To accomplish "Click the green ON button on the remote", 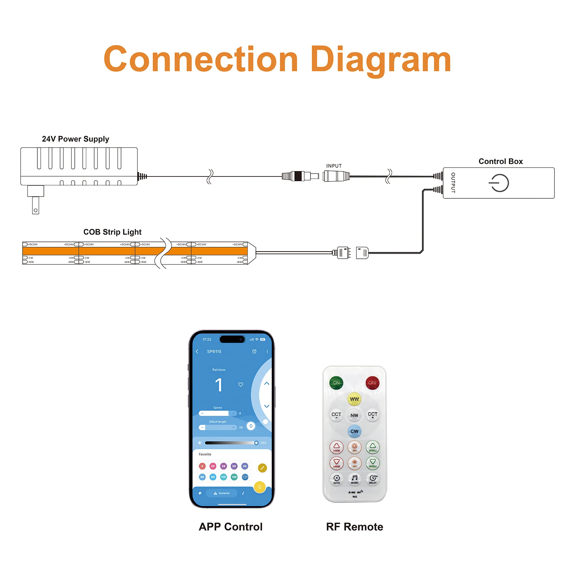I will (336, 383).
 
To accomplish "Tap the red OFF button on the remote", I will (372, 383).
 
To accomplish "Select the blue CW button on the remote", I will (354, 431).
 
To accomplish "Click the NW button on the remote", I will (354, 415).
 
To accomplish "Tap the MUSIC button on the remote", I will (354, 479).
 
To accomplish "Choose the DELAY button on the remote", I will (373, 479).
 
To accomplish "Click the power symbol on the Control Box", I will (499, 183).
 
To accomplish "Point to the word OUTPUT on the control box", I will (453, 183).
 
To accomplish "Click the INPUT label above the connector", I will (334, 166).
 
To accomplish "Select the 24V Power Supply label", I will (75, 139).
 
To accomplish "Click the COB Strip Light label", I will (112, 232).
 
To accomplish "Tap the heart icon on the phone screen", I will (241, 385).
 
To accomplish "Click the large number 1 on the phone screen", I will (218, 385).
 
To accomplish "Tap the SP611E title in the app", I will (214, 351).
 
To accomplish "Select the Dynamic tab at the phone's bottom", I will (222, 493).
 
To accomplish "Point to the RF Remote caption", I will (354, 527).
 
